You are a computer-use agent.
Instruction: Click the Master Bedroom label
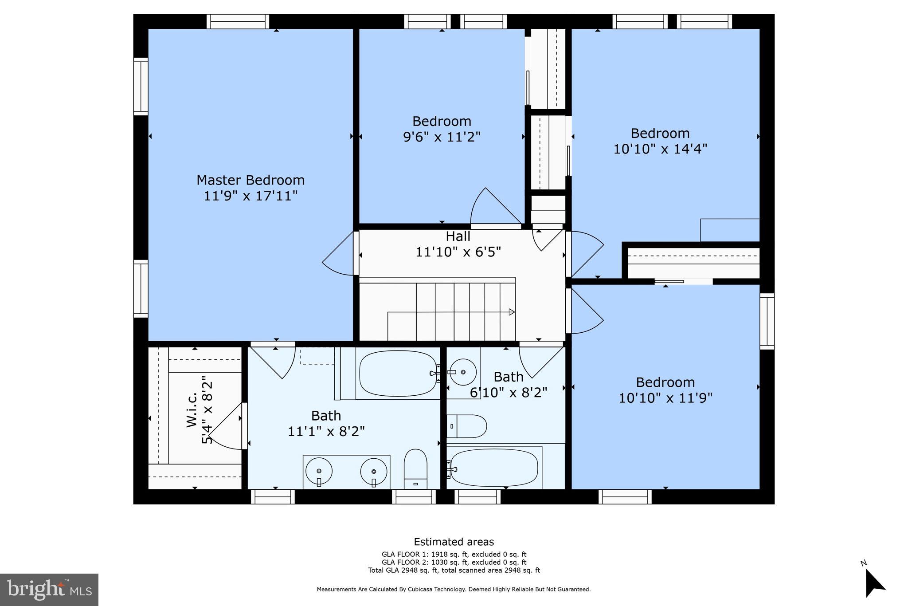click(x=250, y=180)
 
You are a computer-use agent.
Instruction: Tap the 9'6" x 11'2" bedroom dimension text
click(x=442, y=137)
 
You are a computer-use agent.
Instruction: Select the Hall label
click(x=458, y=236)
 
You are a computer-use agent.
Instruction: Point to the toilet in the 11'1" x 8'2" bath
click(x=415, y=469)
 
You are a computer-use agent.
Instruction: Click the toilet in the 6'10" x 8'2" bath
click(x=467, y=426)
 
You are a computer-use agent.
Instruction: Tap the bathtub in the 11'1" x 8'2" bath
click(x=398, y=374)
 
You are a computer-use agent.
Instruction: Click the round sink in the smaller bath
click(x=463, y=372)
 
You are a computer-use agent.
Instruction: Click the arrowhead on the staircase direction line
click(x=512, y=312)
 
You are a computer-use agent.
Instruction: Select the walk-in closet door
click(x=227, y=426)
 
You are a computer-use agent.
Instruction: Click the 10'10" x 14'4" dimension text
click(x=660, y=149)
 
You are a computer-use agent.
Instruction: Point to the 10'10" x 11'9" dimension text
click(x=665, y=398)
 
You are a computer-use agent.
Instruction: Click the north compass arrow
click(x=874, y=582)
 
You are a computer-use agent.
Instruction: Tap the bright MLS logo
click(x=49, y=590)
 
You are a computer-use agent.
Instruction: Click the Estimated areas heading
click(x=454, y=542)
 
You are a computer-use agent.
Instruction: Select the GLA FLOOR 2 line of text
click(x=454, y=562)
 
